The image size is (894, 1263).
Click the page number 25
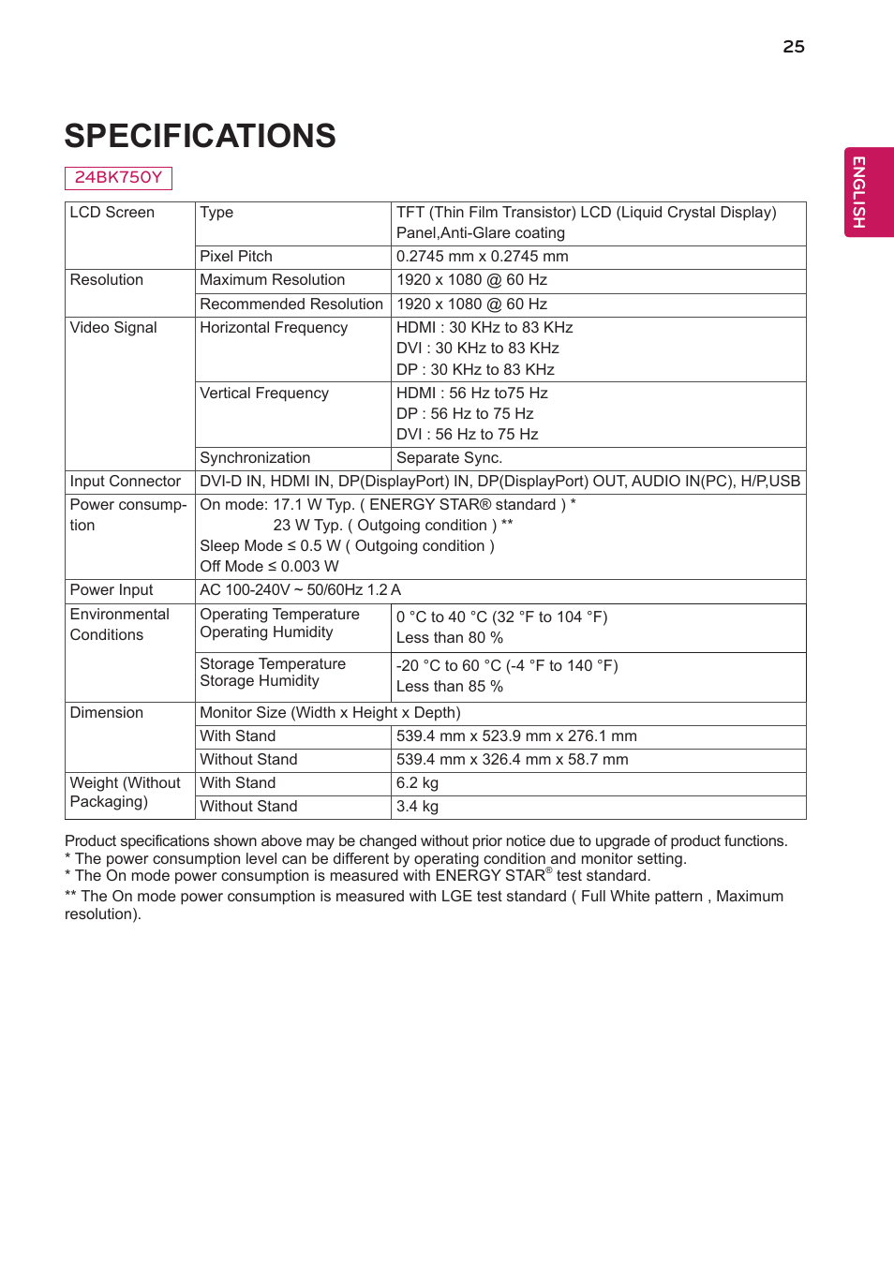pos(793,47)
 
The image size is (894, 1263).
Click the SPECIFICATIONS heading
pos(200,136)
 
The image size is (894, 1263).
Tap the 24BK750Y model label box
pos(118,177)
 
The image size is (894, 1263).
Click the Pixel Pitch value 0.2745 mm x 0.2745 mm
pos(482,257)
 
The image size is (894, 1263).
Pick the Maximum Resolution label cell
pos(272,280)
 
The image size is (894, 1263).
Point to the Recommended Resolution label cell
pos(291,305)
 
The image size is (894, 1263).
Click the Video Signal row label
pos(113,328)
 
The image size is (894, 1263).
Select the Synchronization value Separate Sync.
pos(449,458)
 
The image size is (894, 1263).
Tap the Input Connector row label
pos(126,482)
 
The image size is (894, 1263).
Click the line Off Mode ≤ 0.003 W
pos(269,567)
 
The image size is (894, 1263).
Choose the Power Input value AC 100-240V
pos(300,590)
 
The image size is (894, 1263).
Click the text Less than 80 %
pos(450,638)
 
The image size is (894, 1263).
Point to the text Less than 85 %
pos(450,687)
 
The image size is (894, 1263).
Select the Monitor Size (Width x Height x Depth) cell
pos(330,713)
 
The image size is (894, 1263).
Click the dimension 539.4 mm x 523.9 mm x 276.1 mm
pos(516,736)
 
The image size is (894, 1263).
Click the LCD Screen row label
pos(112,213)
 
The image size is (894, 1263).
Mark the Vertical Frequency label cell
pos(264,394)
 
